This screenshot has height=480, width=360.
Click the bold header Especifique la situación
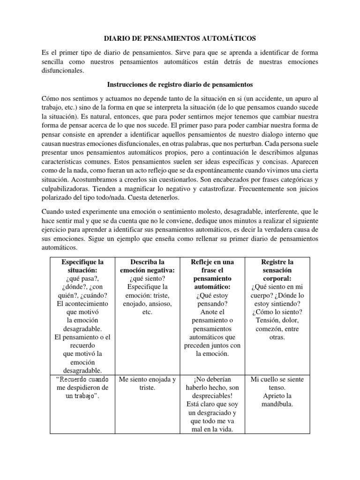click(x=82, y=266)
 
